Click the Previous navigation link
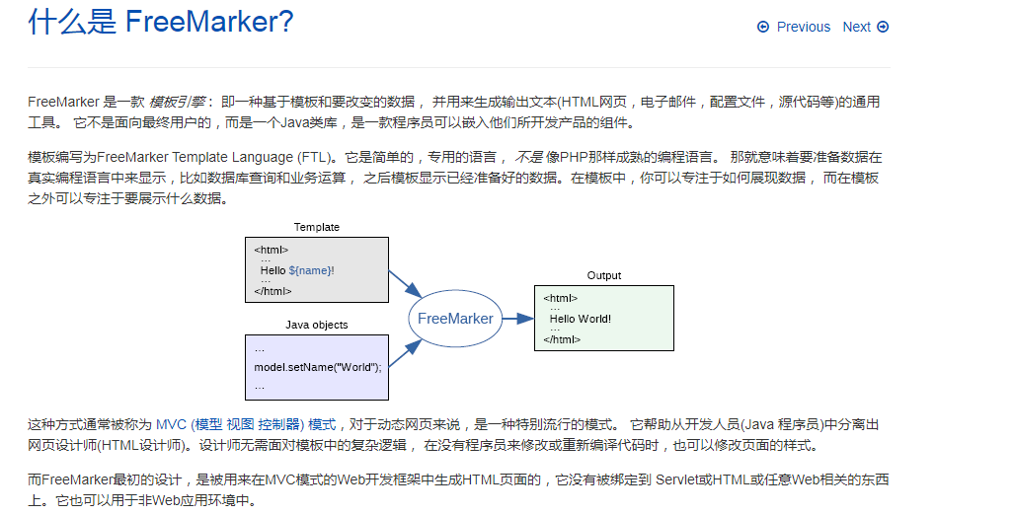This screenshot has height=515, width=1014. [803, 28]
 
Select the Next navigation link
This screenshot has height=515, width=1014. [856, 28]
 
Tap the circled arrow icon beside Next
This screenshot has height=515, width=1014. [883, 28]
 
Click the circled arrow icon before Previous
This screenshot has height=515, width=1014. [763, 28]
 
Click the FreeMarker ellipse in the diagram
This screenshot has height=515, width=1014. [454, 319]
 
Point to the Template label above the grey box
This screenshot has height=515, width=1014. [316, 227]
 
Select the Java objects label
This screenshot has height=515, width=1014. [316, 325]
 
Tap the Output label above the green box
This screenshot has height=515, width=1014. [604, 275]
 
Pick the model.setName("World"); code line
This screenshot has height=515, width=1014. [317, 367]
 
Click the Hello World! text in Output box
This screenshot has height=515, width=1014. [581, 319]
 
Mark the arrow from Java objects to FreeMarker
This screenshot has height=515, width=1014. [405, 352]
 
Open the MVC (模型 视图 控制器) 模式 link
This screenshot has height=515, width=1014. [246, 425]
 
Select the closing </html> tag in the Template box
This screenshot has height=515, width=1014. [273, 291]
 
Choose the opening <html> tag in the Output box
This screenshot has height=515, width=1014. [560, 298]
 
